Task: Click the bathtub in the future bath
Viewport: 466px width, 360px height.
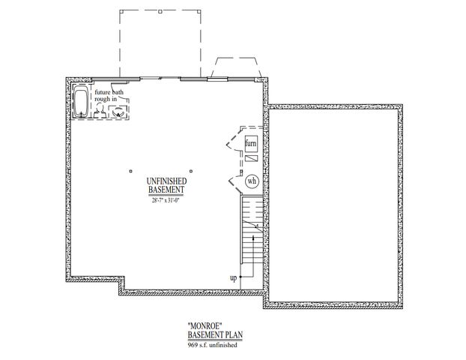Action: pos(80,100)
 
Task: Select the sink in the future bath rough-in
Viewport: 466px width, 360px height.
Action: pos(117,112)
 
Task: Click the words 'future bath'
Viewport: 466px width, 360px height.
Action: pos(109,93)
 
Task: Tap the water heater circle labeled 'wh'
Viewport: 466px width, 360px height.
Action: pos(252,180)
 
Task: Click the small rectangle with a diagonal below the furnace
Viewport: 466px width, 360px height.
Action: pos(252,159)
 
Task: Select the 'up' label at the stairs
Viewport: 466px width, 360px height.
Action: pos(234,278)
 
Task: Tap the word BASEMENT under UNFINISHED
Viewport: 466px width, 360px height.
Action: pos(161,190)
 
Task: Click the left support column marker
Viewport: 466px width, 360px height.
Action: pos(130,167)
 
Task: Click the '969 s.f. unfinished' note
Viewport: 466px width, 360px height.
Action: pos(215,345)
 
